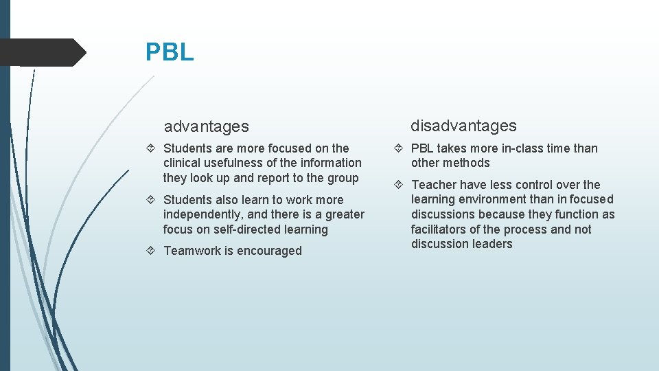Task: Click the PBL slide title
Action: click(170, 52)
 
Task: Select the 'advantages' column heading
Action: click(206, 126)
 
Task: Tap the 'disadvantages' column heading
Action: click(463, 126)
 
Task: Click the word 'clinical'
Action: click(183, 163)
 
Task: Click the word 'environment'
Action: click(493, 199)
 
